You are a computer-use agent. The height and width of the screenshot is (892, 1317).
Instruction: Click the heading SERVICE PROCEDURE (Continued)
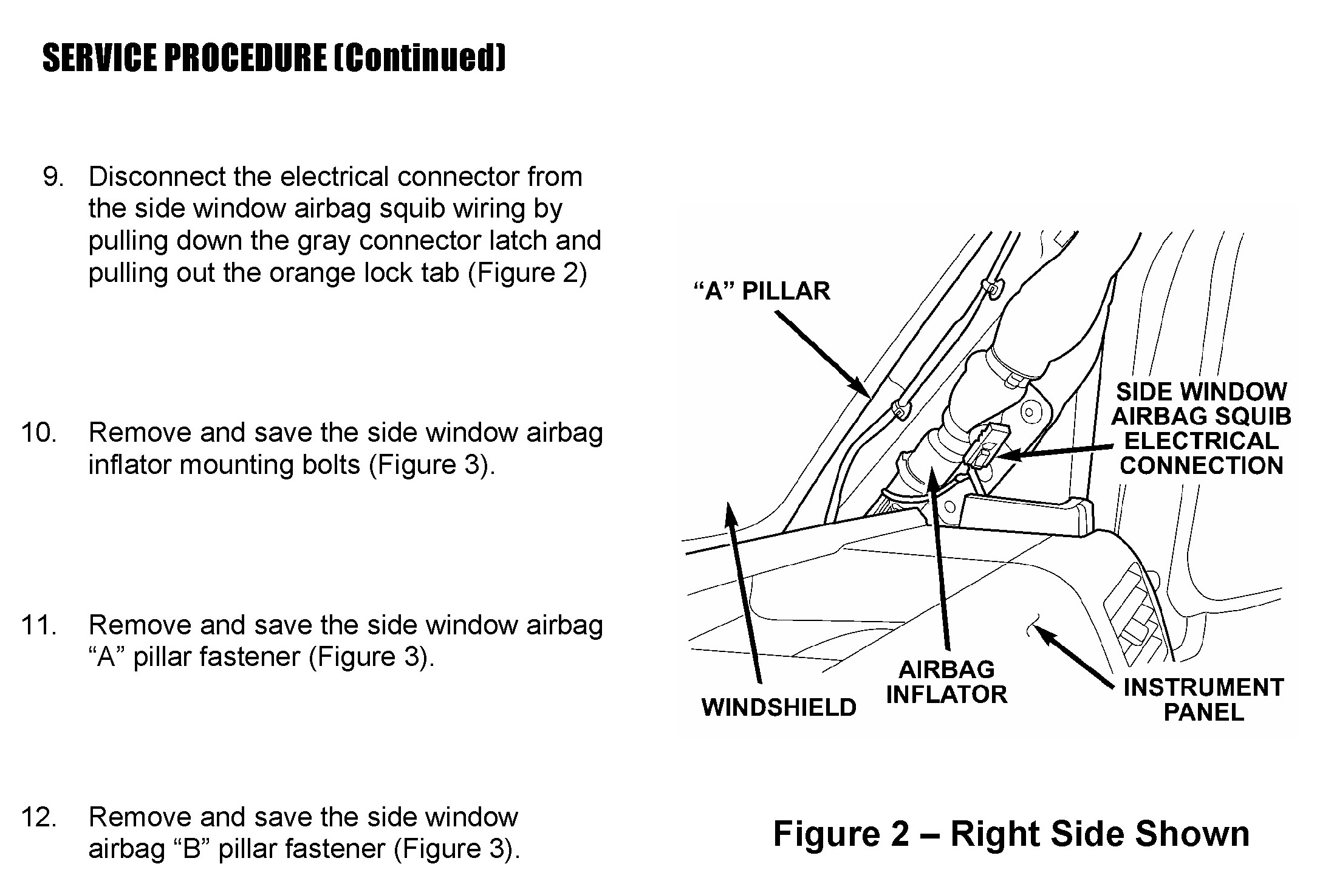(x=273, y=58)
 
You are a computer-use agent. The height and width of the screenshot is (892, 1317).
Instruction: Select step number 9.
(x=53, y=177)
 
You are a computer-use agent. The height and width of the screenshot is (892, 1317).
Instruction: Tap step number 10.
(x=39, y=433)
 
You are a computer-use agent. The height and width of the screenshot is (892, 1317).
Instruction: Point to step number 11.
(x=39, y=625)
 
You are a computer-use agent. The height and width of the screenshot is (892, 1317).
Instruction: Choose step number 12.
(x=39, y=817)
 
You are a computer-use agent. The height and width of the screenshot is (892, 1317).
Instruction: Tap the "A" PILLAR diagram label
(x=762, y=291)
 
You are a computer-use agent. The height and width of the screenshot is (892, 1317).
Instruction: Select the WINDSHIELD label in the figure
(x=779, y=707)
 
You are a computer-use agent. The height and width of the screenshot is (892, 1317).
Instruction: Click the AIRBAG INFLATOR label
(x=946, y=682)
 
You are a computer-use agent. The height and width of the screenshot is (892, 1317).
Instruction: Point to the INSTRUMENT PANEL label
(x=1203, y=699)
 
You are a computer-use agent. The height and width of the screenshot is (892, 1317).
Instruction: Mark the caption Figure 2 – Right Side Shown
(x=1011, y=834)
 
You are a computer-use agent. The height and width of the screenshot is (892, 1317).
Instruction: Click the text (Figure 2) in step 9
(x=527, y=273)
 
